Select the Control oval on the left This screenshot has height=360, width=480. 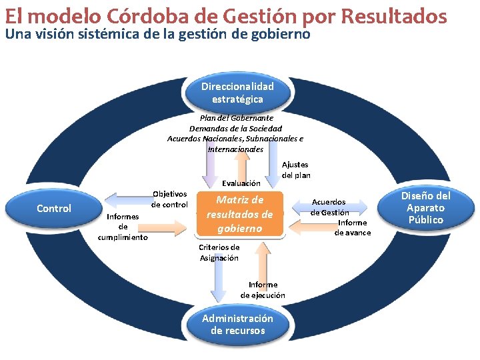54,209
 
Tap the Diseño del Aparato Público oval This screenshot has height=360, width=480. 425,207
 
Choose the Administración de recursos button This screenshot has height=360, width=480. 237,325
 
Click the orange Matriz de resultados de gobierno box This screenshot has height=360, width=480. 239,214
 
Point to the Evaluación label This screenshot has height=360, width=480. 241,183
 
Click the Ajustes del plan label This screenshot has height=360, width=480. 296,169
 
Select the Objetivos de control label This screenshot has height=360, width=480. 169,199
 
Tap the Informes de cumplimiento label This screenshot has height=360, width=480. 123,227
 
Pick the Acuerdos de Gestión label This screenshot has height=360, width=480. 329,207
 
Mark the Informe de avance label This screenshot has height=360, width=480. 353,227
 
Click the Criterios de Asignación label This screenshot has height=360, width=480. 219,253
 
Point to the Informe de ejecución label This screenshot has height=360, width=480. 263,290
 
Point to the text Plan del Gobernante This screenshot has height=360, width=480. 237,118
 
